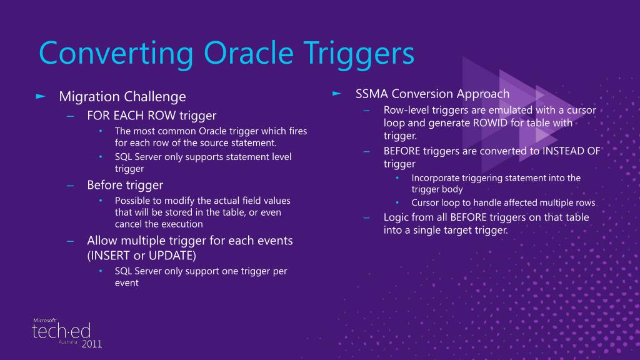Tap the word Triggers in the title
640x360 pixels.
(353, 54)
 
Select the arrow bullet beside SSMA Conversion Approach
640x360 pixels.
(337, 94)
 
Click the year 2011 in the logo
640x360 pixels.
(91, 344)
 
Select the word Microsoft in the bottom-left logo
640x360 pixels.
(44, 320)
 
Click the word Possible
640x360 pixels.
(133, 201)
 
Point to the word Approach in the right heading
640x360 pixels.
(482, 94)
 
